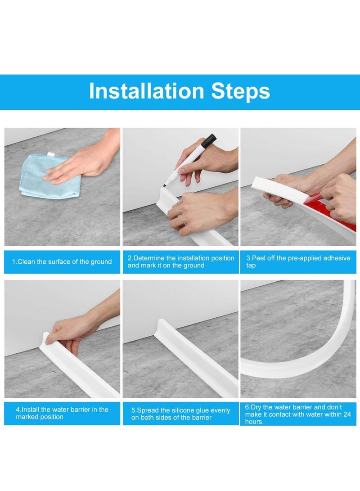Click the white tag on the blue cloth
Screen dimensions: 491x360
pos(50,155)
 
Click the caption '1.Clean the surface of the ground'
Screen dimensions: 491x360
pos(62,262)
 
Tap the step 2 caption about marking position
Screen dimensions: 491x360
pos(180,262)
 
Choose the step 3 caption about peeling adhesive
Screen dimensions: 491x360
pos(298,262)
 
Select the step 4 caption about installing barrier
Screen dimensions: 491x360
pos(62,413)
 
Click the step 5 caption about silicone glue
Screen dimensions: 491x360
pos(180,414)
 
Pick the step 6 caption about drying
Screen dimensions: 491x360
pos(298,414)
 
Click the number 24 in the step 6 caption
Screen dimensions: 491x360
pos(346,414)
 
